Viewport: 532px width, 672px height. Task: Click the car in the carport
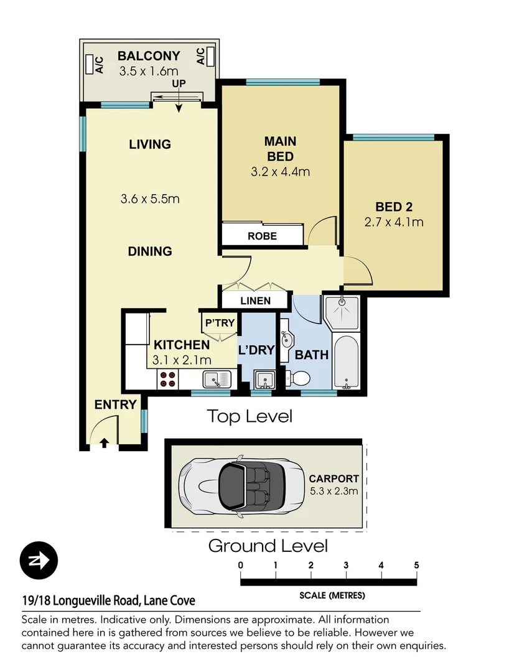click(x=241, y=485)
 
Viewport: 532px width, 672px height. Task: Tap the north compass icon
click(x=39, y=561)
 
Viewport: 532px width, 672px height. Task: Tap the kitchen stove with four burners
click(x=167, y=379)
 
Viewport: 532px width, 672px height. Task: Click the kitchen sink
click(x=216, y=378)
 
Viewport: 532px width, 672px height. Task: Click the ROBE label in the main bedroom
click(x=262, y=236)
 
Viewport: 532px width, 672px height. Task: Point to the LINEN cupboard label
click(x=255, y=301)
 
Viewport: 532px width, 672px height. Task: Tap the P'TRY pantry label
click(x=219, y=323)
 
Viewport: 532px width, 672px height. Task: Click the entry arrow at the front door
click(x=104, y=442)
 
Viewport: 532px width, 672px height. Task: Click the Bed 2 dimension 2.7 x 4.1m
click(x=393, y=222)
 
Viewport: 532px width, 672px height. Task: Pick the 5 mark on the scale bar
click(x=416, y=565)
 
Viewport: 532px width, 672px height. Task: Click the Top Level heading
click(x=249, y=416)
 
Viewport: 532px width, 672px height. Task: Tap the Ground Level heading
click(x=268, y=546)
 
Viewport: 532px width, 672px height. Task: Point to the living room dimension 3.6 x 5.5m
click(x=150, y=199)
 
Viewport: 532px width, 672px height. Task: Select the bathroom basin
click(x=287, y=340)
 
